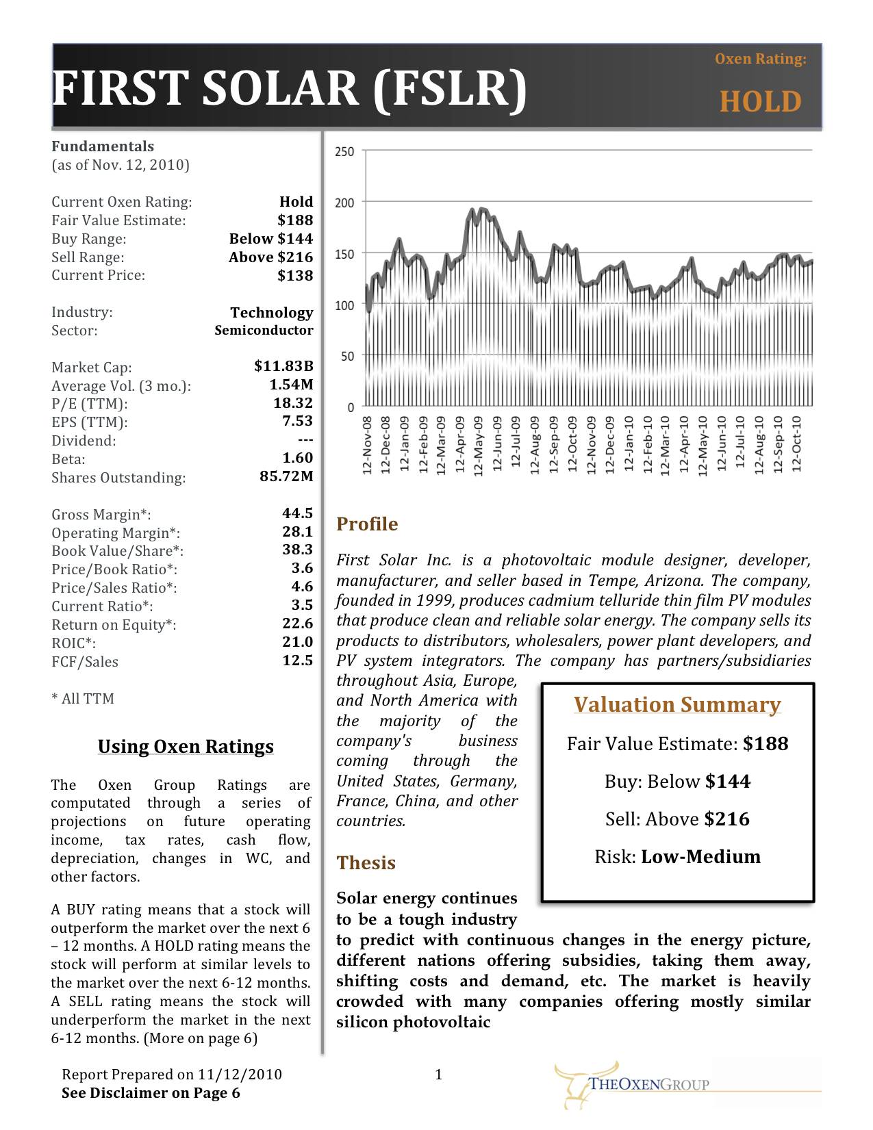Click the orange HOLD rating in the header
tap(760, 102)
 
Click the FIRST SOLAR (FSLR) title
tap(289, 89)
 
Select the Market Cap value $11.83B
tap(283, 366)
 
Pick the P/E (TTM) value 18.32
tap(293, 403)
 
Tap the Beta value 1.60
tap(297, 458)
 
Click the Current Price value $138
tap(295, 276)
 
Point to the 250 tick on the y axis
tap(344, 151)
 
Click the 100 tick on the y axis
tap(344, 305)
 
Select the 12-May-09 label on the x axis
tap(479, 445)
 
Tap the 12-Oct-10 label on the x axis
tap(796, 445)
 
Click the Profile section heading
tap(367, 524)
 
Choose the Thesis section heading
tap(366, 863)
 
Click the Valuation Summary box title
tap(677, 705)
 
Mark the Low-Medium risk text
tap(700, 857)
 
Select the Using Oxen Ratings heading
tap(186, 747)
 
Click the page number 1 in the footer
tap(439, 1075)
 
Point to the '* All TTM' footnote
tap(83, 699)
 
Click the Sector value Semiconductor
tap(264, 331)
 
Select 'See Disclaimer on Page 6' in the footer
tap(151, 1093)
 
